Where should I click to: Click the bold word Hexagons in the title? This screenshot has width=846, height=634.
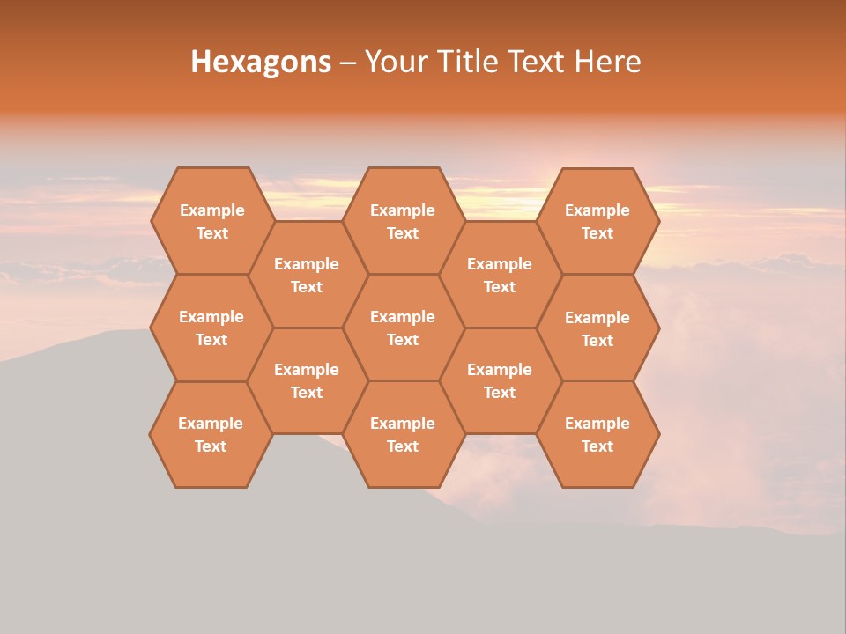(x=261, y=62)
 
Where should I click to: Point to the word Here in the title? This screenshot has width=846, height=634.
(x=607, y=62)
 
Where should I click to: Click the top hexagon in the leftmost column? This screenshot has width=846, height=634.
(x=211, y=221)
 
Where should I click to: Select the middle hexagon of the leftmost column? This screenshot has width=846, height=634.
(x=211, y=328)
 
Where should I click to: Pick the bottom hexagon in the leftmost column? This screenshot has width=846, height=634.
(x=211, y=434)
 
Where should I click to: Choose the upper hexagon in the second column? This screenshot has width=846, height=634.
(x=307, y=275)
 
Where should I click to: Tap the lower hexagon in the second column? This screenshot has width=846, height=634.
(x=307, y=380)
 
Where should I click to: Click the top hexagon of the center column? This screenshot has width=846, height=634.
(x=403, y=221)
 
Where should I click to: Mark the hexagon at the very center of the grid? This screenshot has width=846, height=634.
(x=403, y=328)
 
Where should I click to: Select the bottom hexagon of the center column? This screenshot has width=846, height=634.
(x=403, y=434)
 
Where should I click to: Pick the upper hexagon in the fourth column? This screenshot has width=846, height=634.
(x=500, y=275)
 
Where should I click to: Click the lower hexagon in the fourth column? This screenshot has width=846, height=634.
(x=500, y=380)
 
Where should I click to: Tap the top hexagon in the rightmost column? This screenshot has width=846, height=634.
(x=597, y=221)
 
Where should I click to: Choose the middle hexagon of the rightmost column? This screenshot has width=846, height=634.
(x=597, y=328)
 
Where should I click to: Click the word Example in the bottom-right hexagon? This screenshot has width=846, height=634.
(x=597, y=424)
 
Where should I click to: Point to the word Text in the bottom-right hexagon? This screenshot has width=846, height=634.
(x=597, y=446)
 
